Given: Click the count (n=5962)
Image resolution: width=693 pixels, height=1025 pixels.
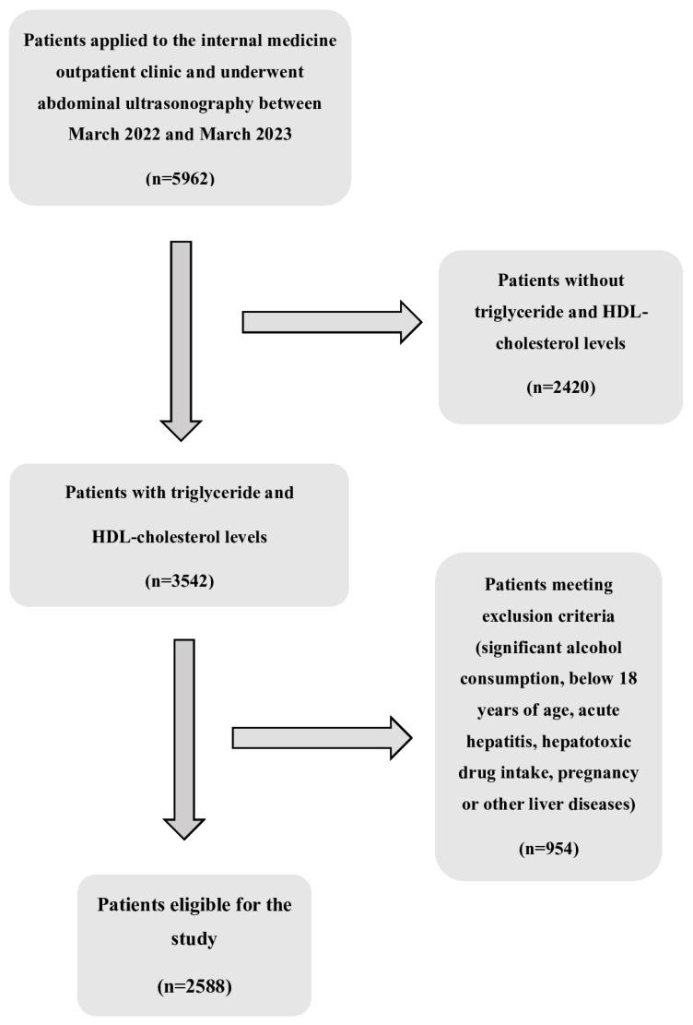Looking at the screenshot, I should click(x=180, y=178).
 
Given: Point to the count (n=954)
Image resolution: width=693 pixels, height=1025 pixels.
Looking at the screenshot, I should click(x=548, y=848).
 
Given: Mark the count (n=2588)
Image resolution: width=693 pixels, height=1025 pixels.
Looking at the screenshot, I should click(x=194, y=986).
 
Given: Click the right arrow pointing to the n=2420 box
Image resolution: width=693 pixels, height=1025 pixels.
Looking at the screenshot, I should click(x=332, y=322).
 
